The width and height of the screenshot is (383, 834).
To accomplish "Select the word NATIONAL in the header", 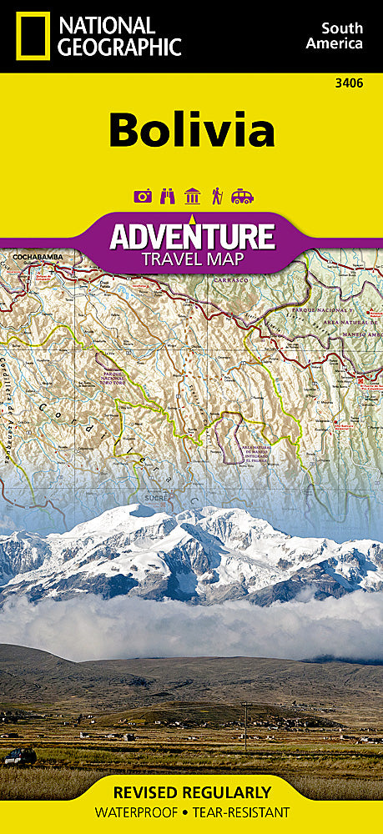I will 107,25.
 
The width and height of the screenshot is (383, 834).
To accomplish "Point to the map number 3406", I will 350,83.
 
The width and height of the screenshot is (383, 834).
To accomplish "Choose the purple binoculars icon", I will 167,196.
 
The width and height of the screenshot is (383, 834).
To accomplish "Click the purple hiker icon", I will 217,196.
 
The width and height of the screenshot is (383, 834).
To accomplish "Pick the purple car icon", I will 242,196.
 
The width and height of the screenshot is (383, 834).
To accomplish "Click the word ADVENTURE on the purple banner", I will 192,235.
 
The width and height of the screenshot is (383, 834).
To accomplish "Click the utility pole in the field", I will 244,716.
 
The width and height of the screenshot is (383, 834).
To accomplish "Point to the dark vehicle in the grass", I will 19,757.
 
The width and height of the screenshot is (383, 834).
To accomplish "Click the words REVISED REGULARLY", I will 192,792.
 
